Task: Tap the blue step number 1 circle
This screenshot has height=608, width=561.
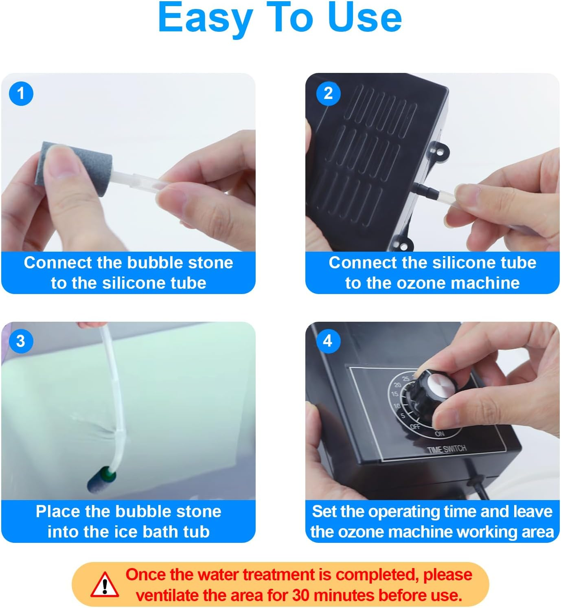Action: pos(21,93)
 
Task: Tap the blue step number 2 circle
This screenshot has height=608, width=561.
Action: pos(328,93)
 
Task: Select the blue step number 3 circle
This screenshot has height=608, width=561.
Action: pos(21,341)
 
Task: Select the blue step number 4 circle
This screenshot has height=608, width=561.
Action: pos(328,341)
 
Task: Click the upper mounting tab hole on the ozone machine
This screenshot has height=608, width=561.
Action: pos(440,151)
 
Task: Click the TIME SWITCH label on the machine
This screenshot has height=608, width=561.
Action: pos(447,449)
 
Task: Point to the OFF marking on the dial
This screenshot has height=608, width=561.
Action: pos(415,427)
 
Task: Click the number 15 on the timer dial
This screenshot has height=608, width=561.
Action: pos(394,394)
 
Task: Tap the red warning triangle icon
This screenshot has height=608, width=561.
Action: pos(105,585)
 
